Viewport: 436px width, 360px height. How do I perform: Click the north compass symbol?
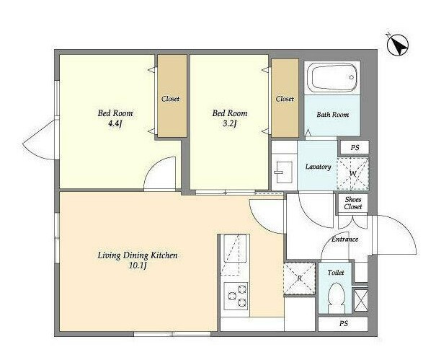[398, 45]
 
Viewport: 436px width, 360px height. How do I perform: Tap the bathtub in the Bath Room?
[332, 77]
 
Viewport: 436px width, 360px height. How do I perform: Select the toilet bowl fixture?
[336, 297]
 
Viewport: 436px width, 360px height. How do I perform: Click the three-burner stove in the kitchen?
[236, 296]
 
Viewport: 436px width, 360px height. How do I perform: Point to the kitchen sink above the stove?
[235, 249]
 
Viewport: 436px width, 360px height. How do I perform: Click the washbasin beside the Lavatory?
[282, 172]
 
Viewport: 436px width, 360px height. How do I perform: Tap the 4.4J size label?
[115, 123]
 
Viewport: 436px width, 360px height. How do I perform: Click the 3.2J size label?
[230, 123]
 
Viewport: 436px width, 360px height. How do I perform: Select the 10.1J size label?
[138, 265]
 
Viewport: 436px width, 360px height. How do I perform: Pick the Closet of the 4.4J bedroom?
[172, 96]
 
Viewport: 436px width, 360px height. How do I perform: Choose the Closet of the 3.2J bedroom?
[285, 98]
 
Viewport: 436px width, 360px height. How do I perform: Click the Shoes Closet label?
[353, 203]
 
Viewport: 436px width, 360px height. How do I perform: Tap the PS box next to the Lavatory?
[355, 148]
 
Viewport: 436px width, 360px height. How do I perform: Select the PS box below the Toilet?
[343, 324]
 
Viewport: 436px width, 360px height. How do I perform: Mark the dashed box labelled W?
[353, 173]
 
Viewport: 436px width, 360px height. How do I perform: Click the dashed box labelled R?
[300, 278]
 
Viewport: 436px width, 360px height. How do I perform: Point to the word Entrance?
[344, 240]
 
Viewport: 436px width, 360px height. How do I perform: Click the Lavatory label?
[318, 167]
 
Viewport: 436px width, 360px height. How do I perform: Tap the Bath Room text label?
[332, 115]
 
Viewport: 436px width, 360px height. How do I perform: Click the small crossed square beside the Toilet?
[360, 300]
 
